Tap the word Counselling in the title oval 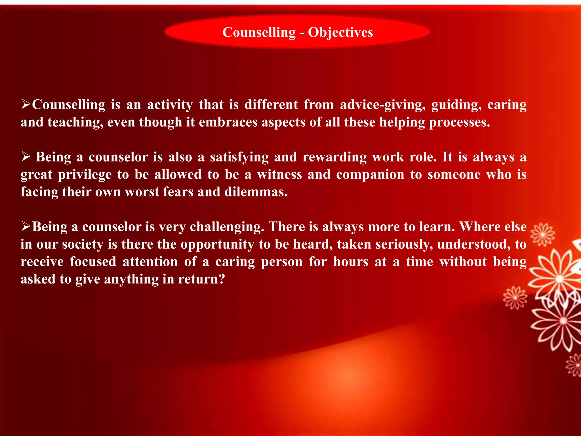259,32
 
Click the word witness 279,175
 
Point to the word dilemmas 256,192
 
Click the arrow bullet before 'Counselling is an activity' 26,104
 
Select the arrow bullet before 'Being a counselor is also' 26,157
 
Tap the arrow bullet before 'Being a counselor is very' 26,227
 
